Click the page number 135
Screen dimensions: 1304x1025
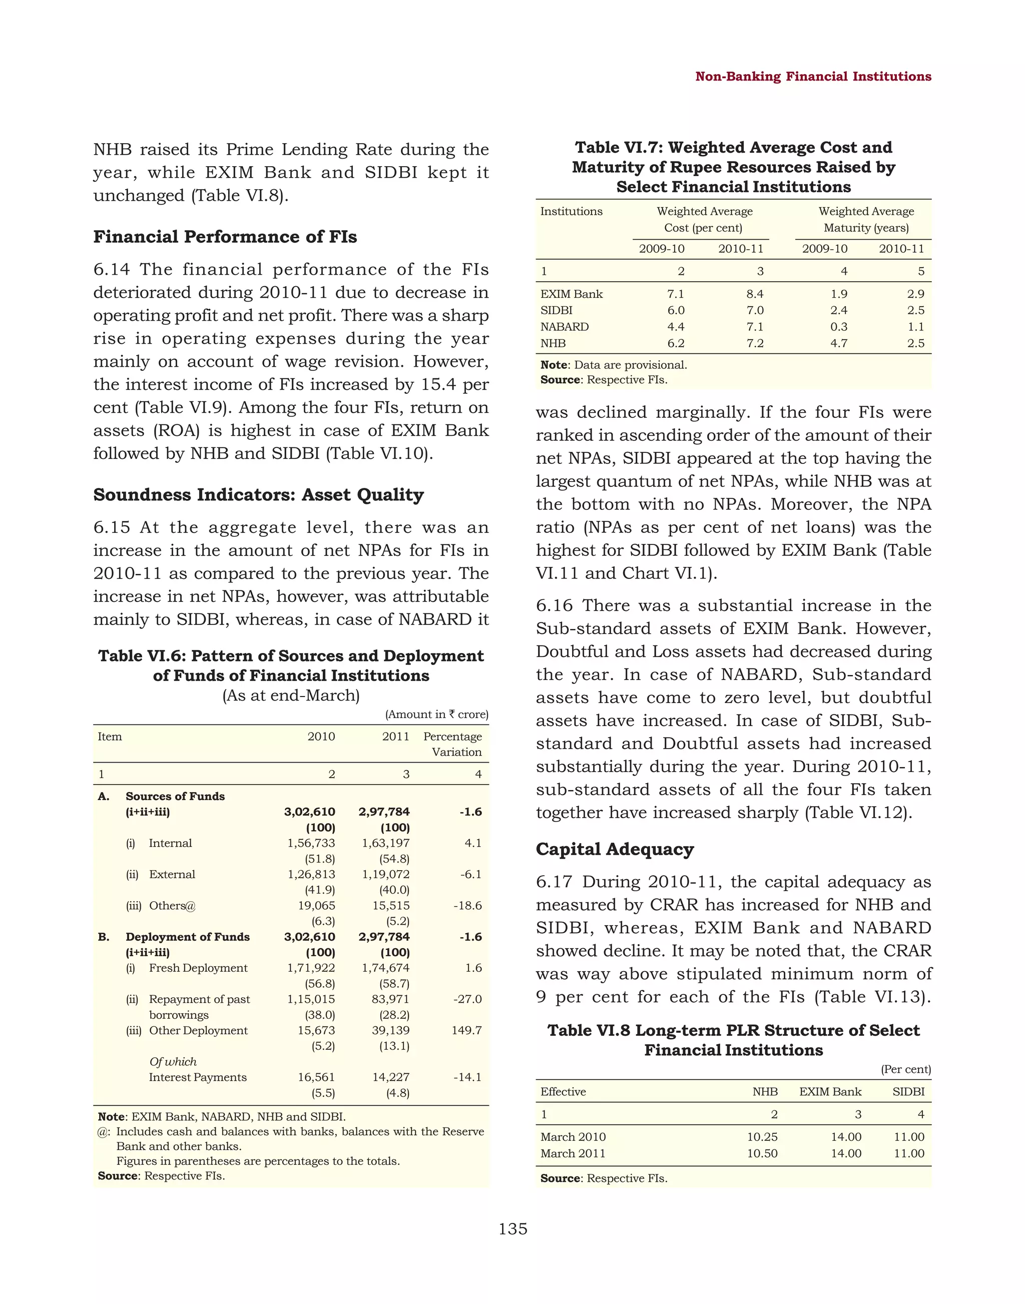(x=512, y=1228)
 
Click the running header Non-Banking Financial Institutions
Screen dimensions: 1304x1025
(x=813, y=76)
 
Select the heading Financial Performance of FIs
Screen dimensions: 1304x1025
(x=225, y=237)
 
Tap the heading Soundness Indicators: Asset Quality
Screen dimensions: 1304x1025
(x=259, y=494)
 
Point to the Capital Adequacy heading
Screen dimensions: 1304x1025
(x=615, y=849)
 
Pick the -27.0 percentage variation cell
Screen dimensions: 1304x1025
(x=467, y=999)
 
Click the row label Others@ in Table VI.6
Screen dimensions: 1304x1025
(x=172, y=906)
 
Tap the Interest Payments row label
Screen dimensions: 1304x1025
(x=197, y=1077)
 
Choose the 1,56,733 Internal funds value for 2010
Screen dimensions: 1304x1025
(x=311, y=843)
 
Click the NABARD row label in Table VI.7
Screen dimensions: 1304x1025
(x=564, y=326)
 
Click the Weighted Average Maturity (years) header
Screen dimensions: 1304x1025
(x=865, y=220)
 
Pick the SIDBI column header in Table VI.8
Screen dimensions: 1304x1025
(x=908, y=1091)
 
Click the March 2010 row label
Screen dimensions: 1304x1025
(x=573, y=1136)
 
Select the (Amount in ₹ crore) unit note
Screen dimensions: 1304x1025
(x=436, y=714)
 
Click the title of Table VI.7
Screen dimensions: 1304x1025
(x=733, y=167)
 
